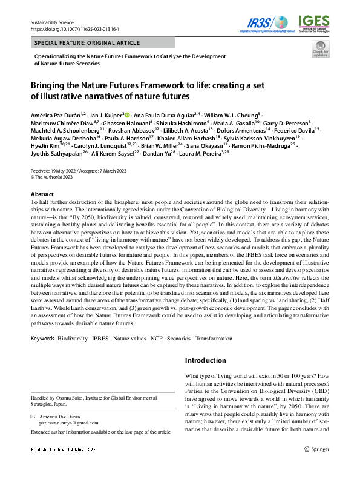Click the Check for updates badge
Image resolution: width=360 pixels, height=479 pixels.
319,50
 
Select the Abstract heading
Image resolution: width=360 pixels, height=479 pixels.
42,194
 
